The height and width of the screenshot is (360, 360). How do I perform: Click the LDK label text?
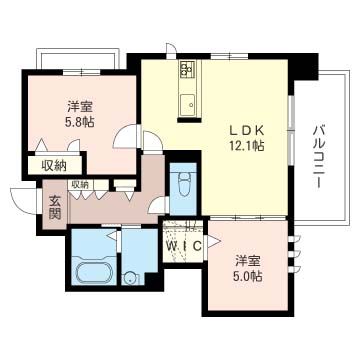[245, 129]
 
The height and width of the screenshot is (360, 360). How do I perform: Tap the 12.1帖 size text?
[245, 146]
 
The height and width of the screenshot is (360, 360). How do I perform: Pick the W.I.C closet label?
[183, 245]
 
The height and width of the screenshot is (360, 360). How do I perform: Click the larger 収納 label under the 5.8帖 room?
[54, 166]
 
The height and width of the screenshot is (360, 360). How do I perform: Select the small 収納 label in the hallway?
[80, 184]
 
